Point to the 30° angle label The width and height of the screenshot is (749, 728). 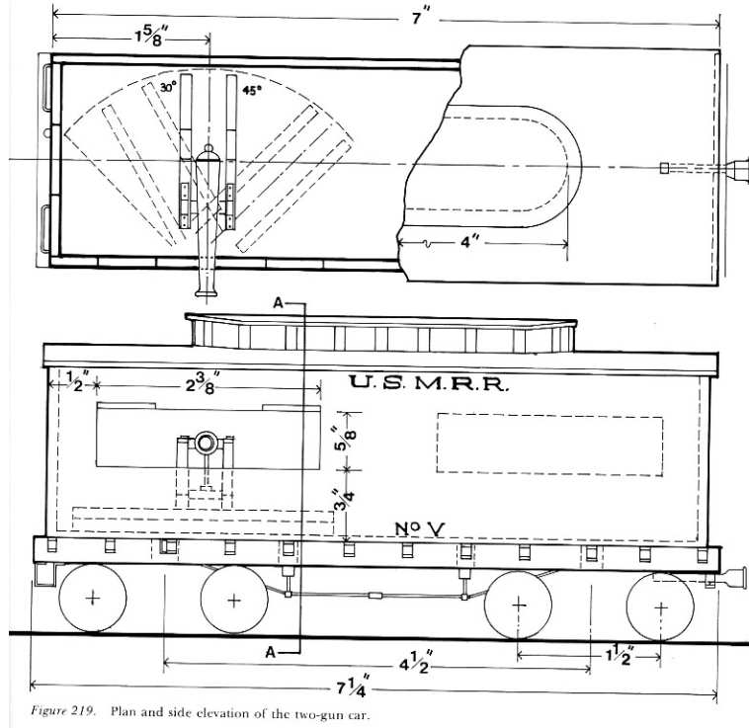click(x=168, y=87)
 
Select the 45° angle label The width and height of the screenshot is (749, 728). click(x=252, y=90)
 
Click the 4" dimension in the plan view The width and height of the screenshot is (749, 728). click(x=469, y=242)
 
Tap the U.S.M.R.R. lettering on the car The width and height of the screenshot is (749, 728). click(x=428, y=383)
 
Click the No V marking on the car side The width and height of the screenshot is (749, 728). click(x=420, y=528)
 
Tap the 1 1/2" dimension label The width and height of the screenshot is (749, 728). click(x=620, y=654)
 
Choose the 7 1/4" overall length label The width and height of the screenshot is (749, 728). click(x=354, y=686)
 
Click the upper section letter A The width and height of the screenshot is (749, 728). click(x=279, y=302)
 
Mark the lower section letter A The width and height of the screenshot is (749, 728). click(x=271, y=652)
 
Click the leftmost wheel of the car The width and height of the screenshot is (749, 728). click(x=93, y=598)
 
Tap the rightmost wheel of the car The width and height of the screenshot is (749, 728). click(x=660, y=607)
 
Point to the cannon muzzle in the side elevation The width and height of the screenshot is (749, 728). click(x=206, y=443)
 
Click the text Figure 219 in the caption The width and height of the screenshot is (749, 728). click(x=63, y=711)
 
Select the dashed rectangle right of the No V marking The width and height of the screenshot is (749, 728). click(x=549, y=445)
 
